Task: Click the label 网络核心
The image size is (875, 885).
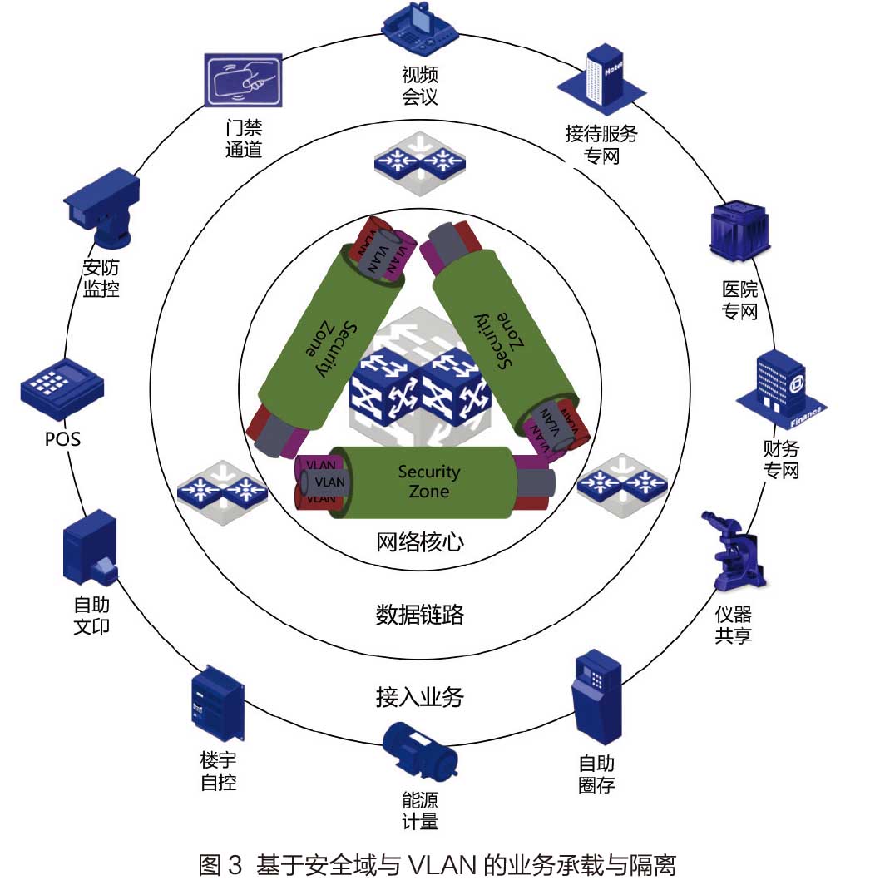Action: [x=420, y=542]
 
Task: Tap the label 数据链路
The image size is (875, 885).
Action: [x=419, y=616]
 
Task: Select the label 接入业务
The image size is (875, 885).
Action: [x=419, y=697]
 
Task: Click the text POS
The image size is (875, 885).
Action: [x=62, y=438]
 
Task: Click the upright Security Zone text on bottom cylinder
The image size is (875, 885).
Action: [x=428, y=481]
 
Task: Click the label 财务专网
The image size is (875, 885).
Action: [x=781, y=460]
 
